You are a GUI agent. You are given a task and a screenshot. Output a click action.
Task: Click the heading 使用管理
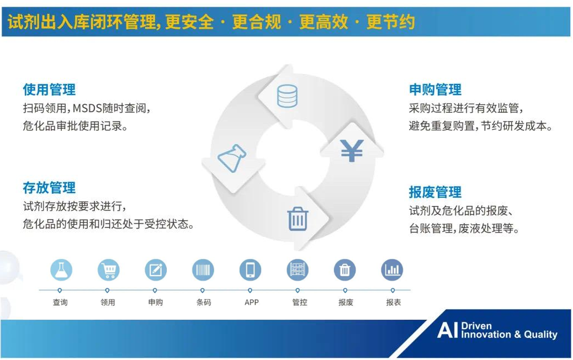[x=49, y=89]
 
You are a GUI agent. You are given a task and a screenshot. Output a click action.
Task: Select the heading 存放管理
[x=49, y=188]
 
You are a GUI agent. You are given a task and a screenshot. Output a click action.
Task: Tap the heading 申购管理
[x=435, y=89]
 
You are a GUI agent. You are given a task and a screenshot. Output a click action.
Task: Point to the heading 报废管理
[x=435, y=192]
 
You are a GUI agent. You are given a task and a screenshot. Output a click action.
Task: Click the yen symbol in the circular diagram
[x=352, y=151]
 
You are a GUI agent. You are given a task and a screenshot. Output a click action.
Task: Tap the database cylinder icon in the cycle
[x=287, y=96]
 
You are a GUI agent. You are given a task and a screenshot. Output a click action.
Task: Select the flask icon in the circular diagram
[x=232, y=158]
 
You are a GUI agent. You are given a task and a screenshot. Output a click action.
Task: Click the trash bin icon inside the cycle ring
[x=298, y=219]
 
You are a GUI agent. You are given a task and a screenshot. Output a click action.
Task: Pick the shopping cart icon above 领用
[x=109, y=270]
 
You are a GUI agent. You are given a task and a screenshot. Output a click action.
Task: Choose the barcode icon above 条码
[x=203, y=270]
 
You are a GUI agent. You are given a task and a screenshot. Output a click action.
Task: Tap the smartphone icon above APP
[x=250, y=270]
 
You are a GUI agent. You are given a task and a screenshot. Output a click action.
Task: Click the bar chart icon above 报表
[x=392, y=270]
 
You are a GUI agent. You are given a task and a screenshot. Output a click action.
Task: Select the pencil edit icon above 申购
[x=156, y=270]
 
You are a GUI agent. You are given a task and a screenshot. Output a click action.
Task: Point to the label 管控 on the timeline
[x=300, y=302]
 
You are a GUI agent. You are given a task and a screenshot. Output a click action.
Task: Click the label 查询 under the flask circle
[x=60, y=302]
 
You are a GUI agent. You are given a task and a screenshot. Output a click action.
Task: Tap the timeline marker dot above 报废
[x=345, y=290]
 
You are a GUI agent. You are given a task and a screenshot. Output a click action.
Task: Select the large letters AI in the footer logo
[x=447, y=330]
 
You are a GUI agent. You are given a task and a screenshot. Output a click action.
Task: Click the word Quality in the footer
[x=541, y=335]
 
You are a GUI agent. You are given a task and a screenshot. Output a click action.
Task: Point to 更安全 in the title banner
[x=189, y=22]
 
